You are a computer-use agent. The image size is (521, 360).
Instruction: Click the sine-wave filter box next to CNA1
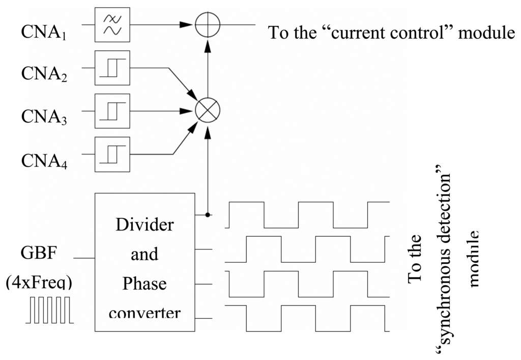point(112,24)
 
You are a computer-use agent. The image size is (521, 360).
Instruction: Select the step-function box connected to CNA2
point(112,67)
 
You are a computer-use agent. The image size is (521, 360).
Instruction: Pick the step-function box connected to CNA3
point(112,110)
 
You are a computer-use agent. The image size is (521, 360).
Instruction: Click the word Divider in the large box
point(144,224)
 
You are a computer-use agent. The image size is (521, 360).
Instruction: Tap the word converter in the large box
point(144,312)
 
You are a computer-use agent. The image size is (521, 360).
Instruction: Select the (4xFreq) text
point(39,282)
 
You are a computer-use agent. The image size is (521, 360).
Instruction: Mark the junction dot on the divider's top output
point(207,215)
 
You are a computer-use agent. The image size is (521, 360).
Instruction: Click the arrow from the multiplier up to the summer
point(207,66)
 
